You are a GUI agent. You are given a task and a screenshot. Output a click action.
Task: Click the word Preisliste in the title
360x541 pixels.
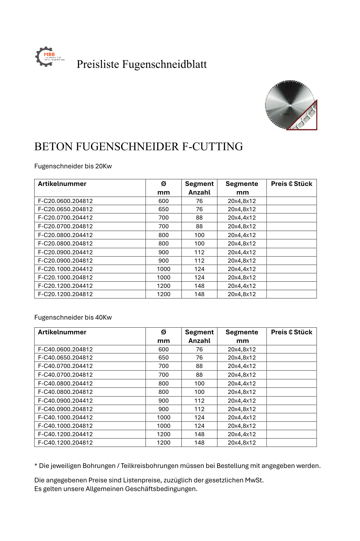98,64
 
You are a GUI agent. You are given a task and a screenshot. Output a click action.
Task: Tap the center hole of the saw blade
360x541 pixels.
290,105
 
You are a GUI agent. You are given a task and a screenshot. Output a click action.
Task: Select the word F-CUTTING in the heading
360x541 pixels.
213,146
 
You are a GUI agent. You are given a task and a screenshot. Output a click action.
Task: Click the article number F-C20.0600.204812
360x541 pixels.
65,201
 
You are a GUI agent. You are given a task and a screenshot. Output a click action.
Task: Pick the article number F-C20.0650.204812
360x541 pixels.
65,209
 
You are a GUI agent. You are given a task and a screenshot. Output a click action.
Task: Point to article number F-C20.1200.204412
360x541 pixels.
65,286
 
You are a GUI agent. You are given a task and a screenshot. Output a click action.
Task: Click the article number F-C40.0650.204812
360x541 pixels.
65,358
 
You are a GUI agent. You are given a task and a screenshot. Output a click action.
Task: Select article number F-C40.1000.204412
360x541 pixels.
65,417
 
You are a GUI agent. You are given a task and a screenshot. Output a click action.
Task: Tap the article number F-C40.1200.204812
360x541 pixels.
65,442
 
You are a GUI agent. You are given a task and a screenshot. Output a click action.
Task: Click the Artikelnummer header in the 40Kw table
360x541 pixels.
62,332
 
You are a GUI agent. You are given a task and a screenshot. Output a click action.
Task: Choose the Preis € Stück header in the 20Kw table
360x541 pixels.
291,184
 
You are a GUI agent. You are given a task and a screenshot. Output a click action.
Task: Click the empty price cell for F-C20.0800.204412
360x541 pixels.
291,235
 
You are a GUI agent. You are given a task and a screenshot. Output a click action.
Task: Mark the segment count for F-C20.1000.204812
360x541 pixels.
199,277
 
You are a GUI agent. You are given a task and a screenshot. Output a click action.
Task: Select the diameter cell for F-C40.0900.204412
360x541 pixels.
163,401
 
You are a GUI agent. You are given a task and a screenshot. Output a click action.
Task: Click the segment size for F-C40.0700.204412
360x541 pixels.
241,366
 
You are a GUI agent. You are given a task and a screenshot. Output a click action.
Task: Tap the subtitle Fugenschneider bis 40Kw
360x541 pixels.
73,317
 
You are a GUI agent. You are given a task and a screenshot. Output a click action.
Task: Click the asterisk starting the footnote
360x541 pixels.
36,465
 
